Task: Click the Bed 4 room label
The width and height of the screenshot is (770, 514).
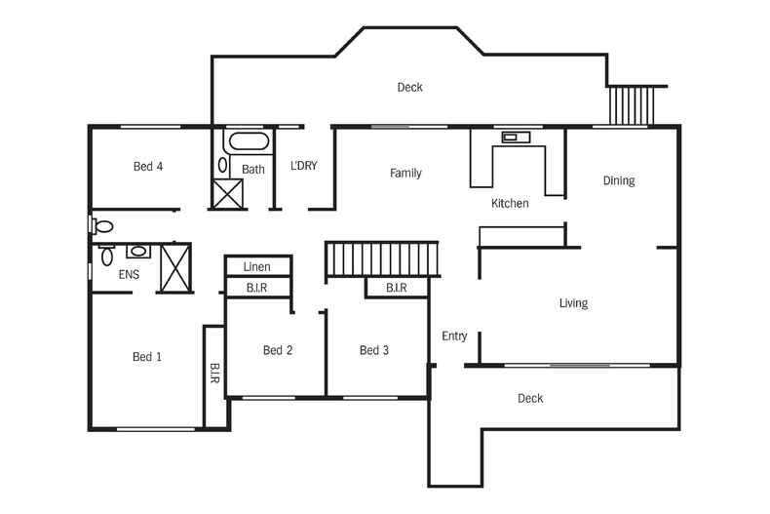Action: click(x=147, y=167)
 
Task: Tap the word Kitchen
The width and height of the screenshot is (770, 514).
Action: click(x=510, y=204)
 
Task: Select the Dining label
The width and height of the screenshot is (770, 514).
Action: click(x=618, y=180)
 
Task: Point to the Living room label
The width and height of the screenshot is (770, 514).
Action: click(x=573, y=303)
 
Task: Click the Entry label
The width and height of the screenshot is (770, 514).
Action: click(x=454, y=336)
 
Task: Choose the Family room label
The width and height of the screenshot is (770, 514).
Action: click(x=405, y=174)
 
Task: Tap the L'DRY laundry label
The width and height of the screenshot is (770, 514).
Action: click(x=304, y=166)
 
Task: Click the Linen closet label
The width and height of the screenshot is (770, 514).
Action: click(x=257, y=267)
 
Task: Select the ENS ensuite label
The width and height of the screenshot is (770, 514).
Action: click(x=129, y=275)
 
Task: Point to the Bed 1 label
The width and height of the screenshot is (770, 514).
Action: click(x=147, y=357)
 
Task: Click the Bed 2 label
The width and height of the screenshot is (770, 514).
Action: click(x=278, y=351)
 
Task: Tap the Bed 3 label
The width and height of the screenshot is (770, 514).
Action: click(x=374, y=351)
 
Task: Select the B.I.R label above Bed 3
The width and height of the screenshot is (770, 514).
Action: click(x=396, y=288)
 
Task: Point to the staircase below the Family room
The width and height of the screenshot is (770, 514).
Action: click(x=383, y=259)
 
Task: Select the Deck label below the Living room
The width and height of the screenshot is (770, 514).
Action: click(x=530, y=399)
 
